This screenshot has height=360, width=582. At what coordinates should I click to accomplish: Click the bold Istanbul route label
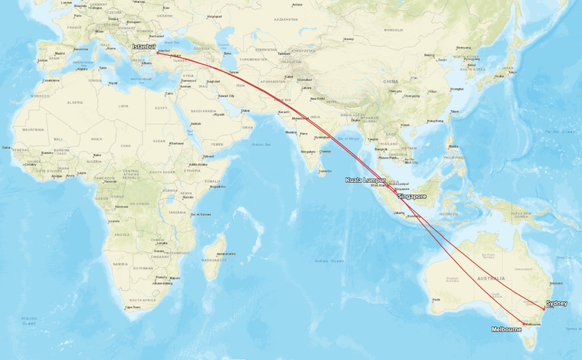point(143,47)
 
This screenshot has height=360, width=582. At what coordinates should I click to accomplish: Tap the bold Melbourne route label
point(507,329)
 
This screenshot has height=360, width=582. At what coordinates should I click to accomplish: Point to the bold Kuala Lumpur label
point(365,180)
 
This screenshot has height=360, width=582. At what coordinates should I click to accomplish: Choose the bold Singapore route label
point(412,196)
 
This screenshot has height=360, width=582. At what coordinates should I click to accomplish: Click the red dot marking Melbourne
point(523,324)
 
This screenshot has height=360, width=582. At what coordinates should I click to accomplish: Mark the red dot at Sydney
point(544,308)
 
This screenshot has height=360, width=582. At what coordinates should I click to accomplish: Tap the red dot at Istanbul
point(157,52)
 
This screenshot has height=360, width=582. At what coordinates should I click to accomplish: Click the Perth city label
point(437,300)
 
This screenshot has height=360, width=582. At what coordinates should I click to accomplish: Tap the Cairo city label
point(169,93)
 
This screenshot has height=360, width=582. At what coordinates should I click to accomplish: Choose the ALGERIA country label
point(74,102)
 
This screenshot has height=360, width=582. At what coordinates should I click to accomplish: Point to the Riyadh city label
point(219,114)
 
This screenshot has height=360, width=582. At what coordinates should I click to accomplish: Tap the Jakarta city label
point(399,212)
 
